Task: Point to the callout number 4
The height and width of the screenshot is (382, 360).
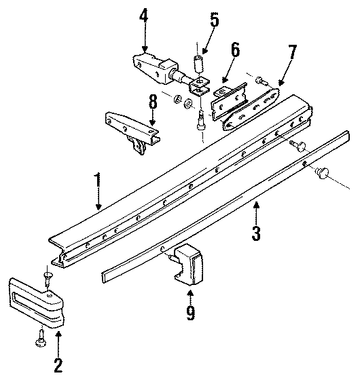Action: pos(144,14)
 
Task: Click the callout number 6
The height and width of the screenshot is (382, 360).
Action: pos(235,50)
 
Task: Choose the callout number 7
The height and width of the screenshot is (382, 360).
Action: pos(293,52)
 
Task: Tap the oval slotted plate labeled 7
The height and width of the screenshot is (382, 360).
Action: pos(254,105)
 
